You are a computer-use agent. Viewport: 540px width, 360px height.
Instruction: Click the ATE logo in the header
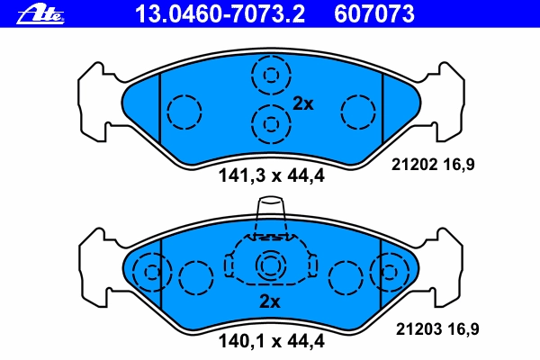40,15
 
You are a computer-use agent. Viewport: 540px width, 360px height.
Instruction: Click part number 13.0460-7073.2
220,14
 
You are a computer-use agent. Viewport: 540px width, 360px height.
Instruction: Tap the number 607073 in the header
374,14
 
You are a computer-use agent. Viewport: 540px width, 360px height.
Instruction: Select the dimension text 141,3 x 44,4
272,175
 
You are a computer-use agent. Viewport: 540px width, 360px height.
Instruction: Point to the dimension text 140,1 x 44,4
272,341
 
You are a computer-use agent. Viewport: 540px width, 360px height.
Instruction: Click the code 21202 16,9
433,165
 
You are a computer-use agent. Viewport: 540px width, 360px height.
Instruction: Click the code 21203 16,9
437,329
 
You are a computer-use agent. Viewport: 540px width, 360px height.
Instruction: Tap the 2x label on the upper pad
303,103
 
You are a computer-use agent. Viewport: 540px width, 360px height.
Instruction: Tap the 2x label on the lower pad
270,301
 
